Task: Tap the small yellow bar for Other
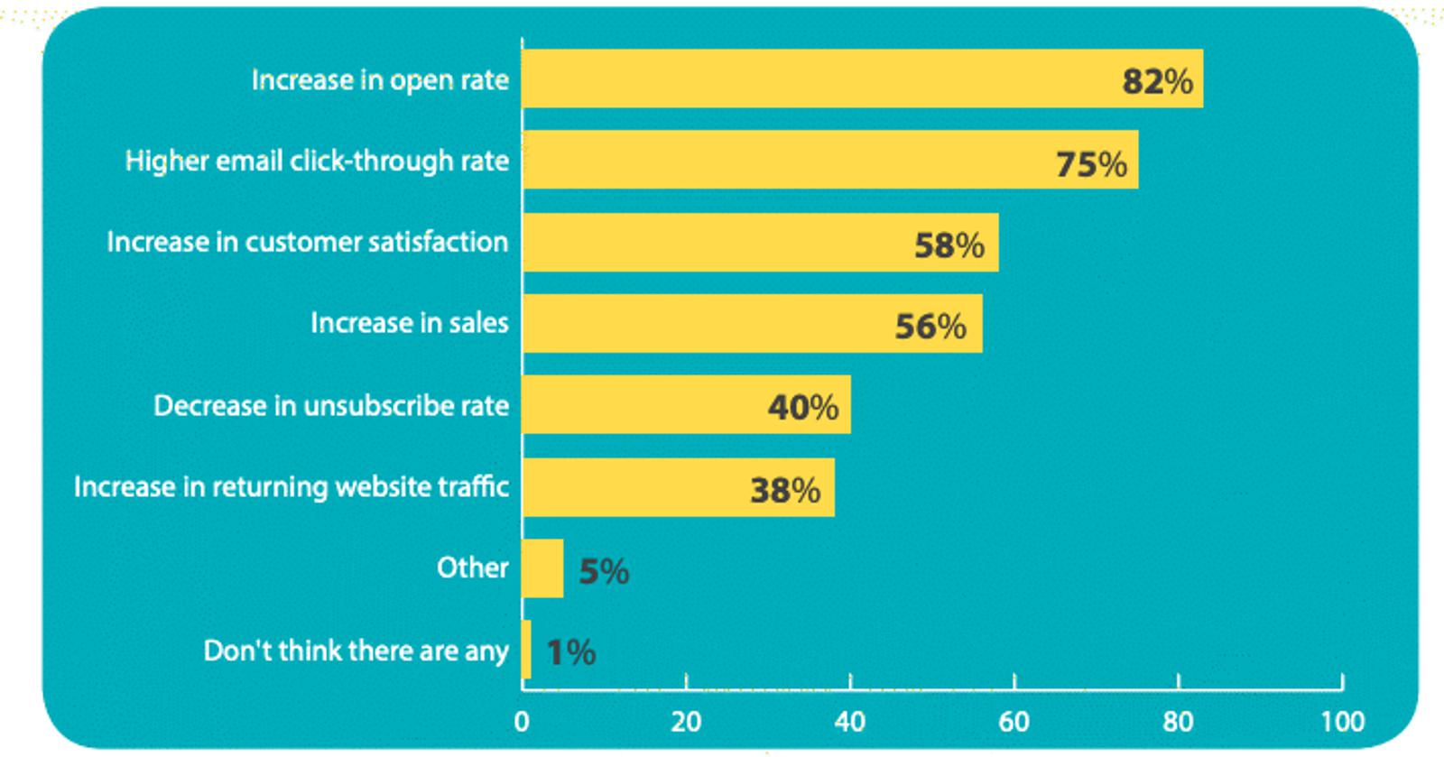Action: (542, 568)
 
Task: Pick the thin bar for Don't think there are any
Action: (526, 650)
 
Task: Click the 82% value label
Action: (1157, 82)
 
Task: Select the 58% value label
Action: (949, 245)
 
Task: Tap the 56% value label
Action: (930, 327)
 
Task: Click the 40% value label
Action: (803, 408)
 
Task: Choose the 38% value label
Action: (785, 491)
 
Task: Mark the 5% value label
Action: (604, 571)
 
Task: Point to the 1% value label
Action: (571, 652)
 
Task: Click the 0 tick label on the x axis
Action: (522, 722)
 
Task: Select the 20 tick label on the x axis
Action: (686, 722)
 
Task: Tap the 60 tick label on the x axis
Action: (1014, 722)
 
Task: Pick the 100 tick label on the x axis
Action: (1342, 722)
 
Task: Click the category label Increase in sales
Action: (410, 323)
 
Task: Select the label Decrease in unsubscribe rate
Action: (331, 405)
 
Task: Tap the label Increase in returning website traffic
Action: (292, 486)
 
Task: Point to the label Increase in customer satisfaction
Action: (308, 242)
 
